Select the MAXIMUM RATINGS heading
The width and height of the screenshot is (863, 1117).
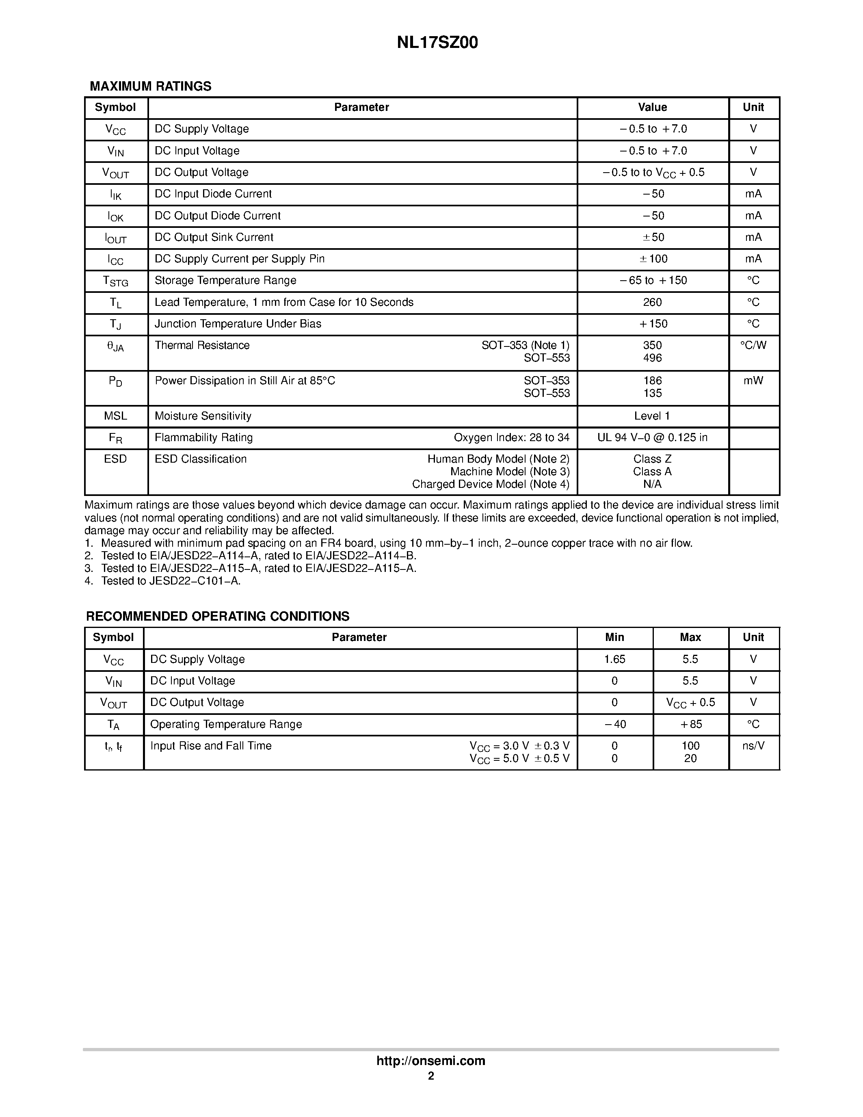tap(150, 87)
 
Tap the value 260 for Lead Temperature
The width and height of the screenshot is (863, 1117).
tap(652, 302)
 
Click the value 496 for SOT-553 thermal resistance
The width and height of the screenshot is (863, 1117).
tap(652, 358)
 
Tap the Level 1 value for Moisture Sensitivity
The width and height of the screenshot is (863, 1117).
tap(652, 416)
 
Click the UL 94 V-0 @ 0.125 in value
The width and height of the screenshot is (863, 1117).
tap(652, 437)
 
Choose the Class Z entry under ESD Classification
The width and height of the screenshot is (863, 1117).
tap(652, 459)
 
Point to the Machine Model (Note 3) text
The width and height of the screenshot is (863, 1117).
tap(510, 472)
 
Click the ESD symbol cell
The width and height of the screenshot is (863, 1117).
tap(116, 459)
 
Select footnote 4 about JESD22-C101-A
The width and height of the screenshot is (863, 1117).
tap(162, 581)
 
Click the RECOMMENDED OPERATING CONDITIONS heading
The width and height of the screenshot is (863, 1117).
tap(218, 616)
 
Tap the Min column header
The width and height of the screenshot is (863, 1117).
tap(614, 637)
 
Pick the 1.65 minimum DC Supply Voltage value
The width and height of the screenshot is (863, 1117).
tap(614, 659)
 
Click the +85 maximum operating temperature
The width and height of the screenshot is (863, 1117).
tap(690, 724)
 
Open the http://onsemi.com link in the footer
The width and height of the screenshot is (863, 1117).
tap(431, 1061)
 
